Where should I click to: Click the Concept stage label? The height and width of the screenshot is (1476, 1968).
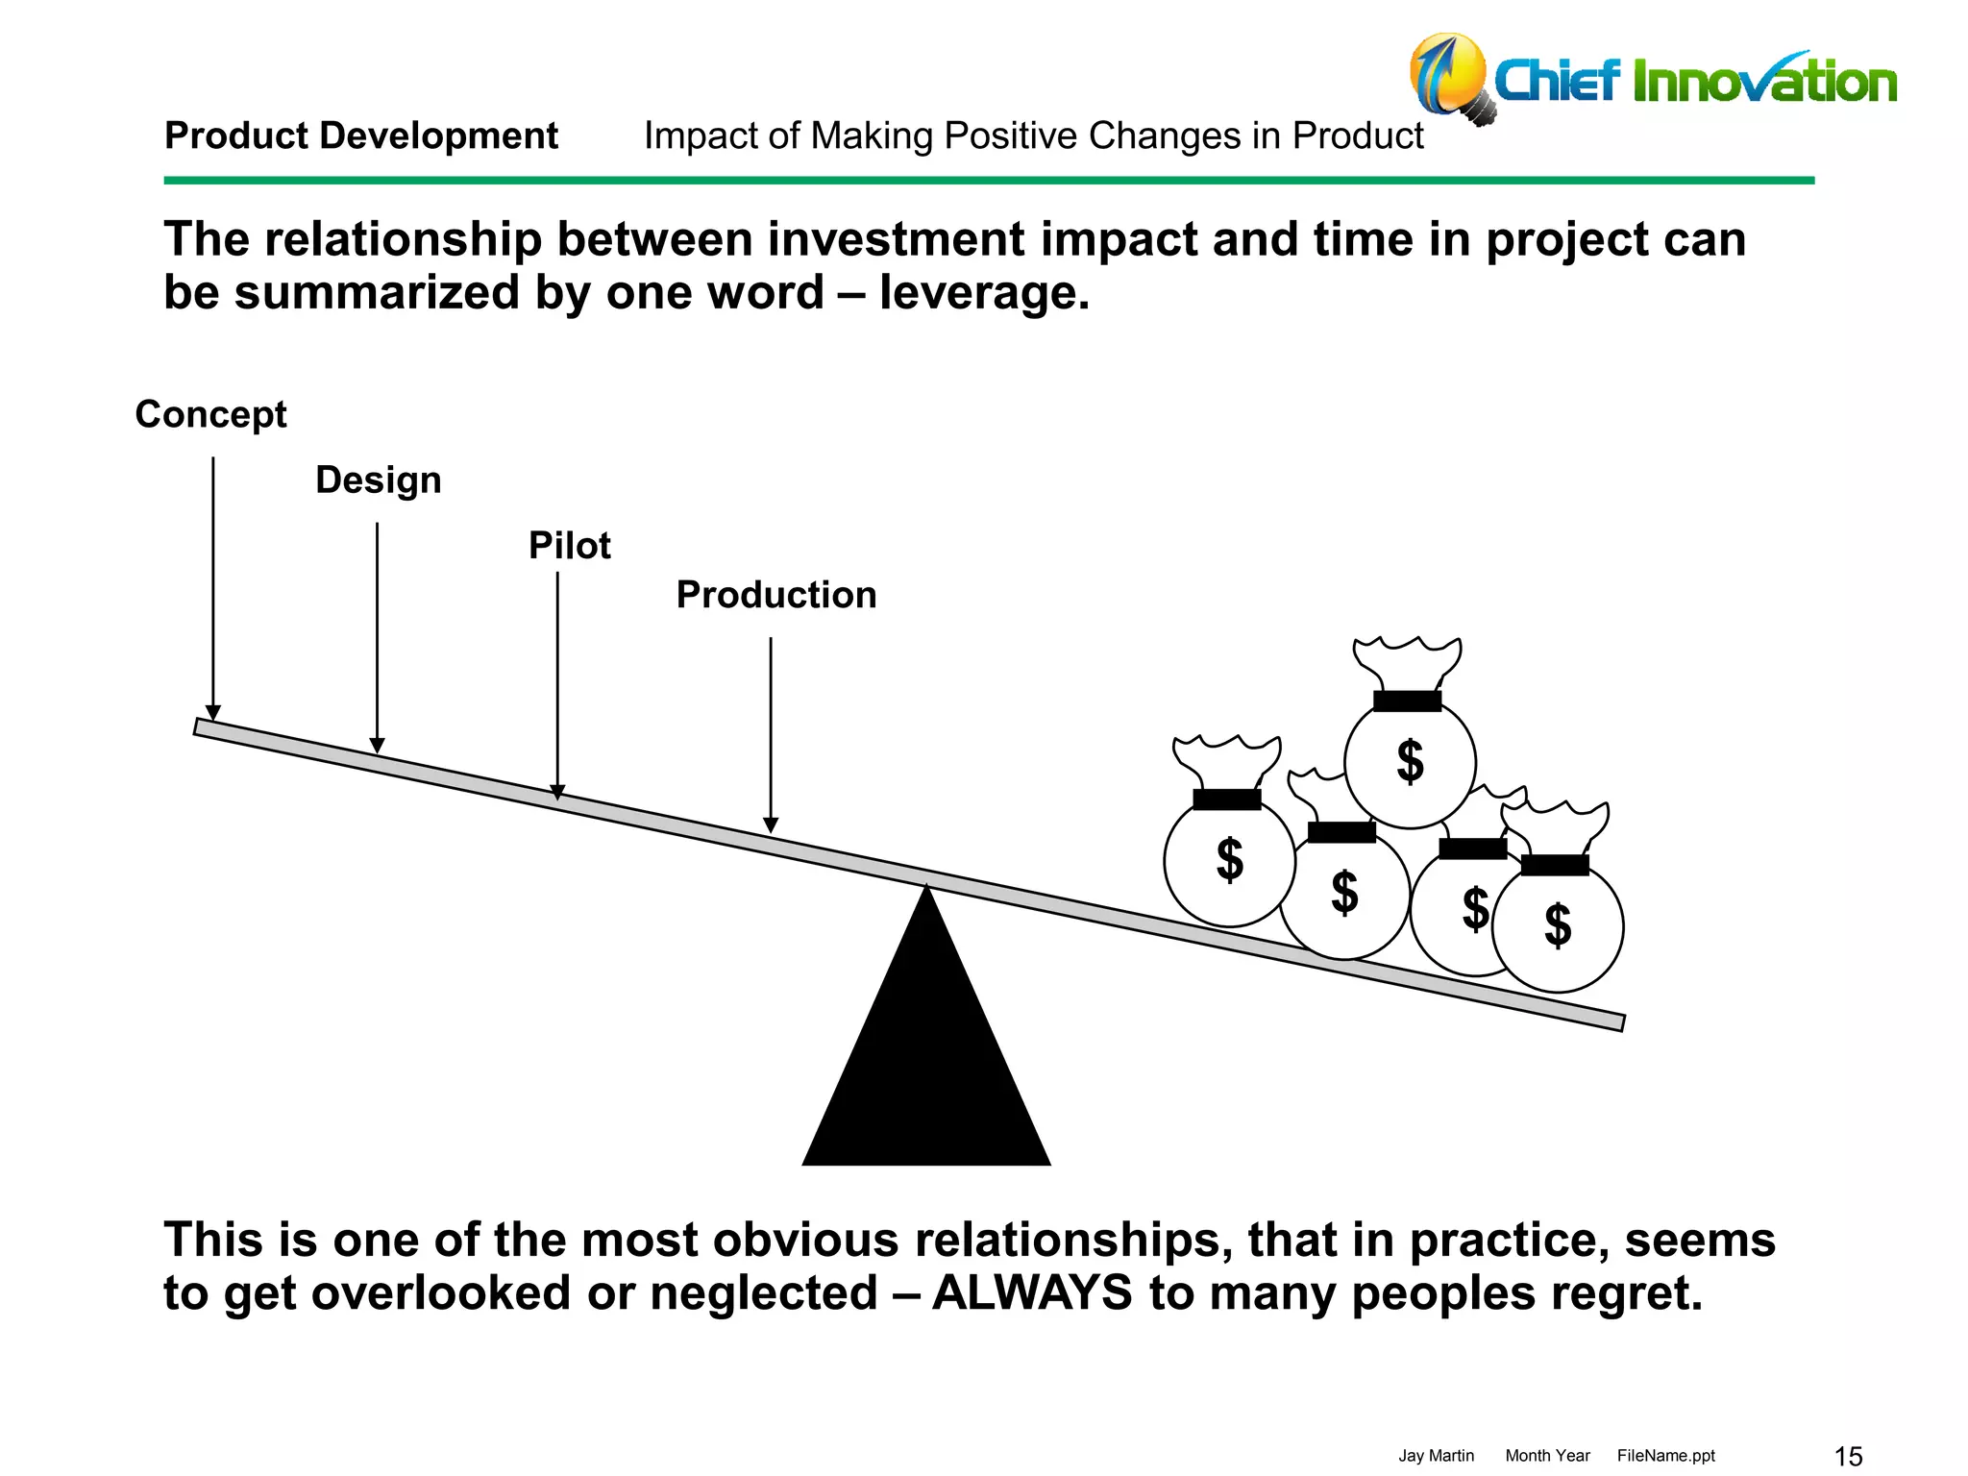(x=210, y=414)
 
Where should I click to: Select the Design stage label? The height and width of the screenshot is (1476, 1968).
(x=378, y=480)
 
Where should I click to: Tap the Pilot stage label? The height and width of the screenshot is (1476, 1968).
(x=569, y=546)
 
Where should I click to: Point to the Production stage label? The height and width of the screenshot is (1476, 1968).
(x=775, y=595)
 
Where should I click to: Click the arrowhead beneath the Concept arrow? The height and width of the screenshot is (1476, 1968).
(x=213, y=713)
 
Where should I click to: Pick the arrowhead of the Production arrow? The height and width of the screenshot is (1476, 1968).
(x=771, y=825)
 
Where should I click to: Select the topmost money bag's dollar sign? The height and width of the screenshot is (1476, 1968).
(x=1410, y=762)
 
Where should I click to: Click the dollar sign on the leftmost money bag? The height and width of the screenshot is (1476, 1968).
(x=1229, y=859)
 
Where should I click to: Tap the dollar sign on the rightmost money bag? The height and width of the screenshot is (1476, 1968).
(x=1558, y=925)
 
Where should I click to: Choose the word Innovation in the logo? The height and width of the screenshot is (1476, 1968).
(x=1764, y=82)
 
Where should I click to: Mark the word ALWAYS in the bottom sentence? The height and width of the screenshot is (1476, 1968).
(x=1032, y=1292)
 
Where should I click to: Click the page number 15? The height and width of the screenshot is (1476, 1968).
(x=1848, y=1457)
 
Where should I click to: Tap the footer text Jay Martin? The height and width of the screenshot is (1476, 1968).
(x=1436, y=1456)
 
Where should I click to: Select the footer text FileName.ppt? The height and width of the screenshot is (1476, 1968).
(x=1665, y=1456)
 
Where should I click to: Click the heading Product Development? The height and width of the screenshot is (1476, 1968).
(x=361, y=135)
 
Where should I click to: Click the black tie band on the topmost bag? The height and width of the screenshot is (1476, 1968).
(x=1407, y=701)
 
